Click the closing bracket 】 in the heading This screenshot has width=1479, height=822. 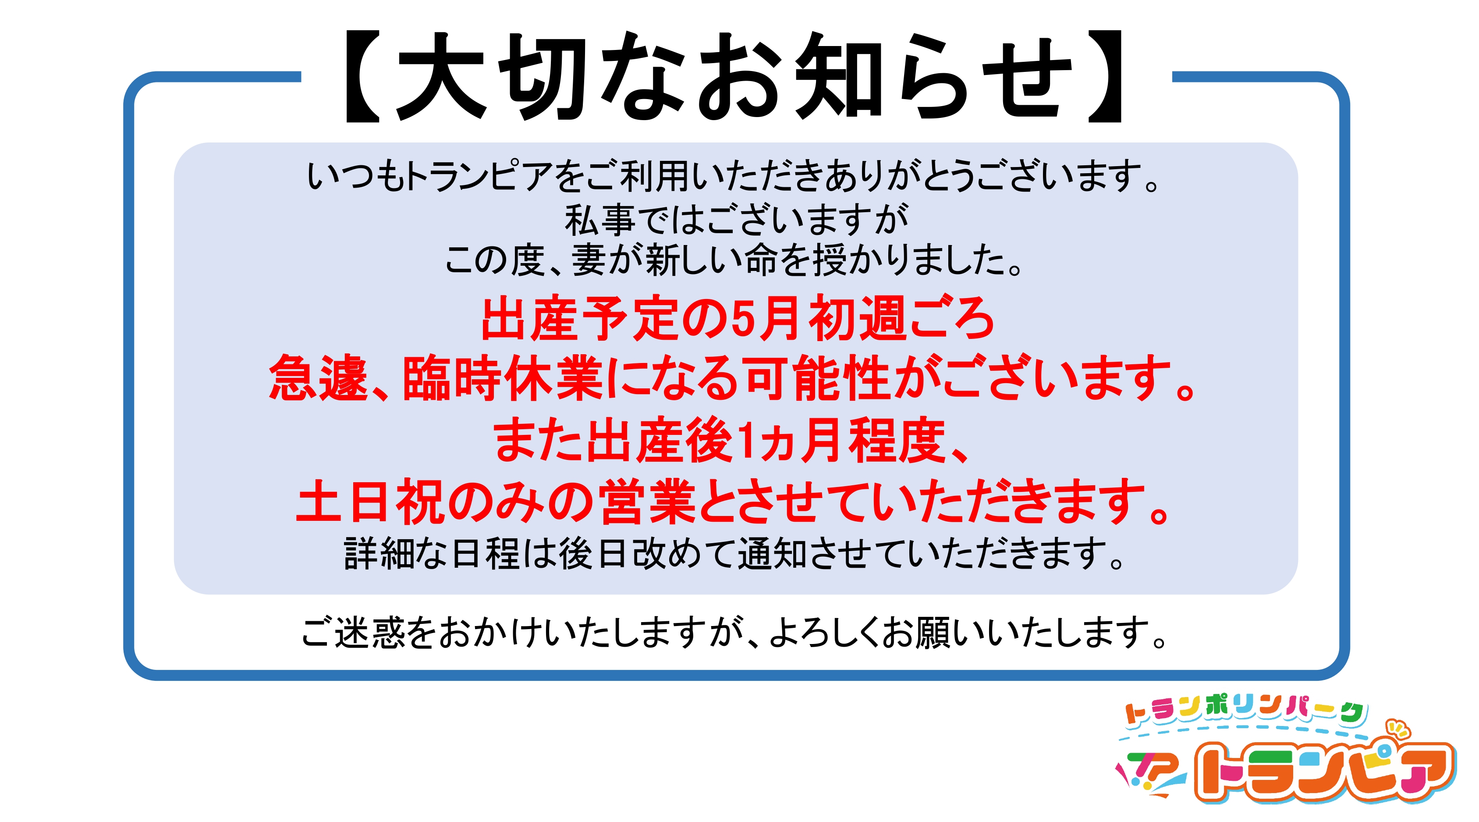click(1105, 76)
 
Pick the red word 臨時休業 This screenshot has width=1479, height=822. click(502, 378)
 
